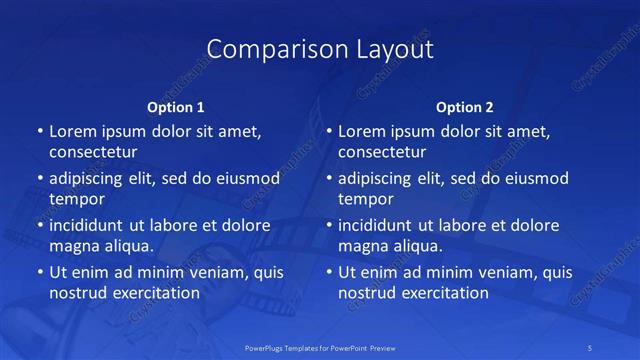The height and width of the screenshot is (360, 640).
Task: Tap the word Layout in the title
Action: pyautogui.click(x=384, y=49)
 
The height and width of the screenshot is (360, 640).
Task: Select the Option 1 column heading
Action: pyautogui.click(x=176, y=107)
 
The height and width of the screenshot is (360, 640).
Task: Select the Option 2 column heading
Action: pyautogui.click(x=465, y=107)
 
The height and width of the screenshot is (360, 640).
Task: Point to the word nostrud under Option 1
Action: pyautogui.click(x=76, y=293)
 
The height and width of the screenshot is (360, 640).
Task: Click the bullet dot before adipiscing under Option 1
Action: pyautogui.click(x=39, y=179)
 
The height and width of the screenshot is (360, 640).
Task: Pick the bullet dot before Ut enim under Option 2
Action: pyautogui.click(x=328, y=273)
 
